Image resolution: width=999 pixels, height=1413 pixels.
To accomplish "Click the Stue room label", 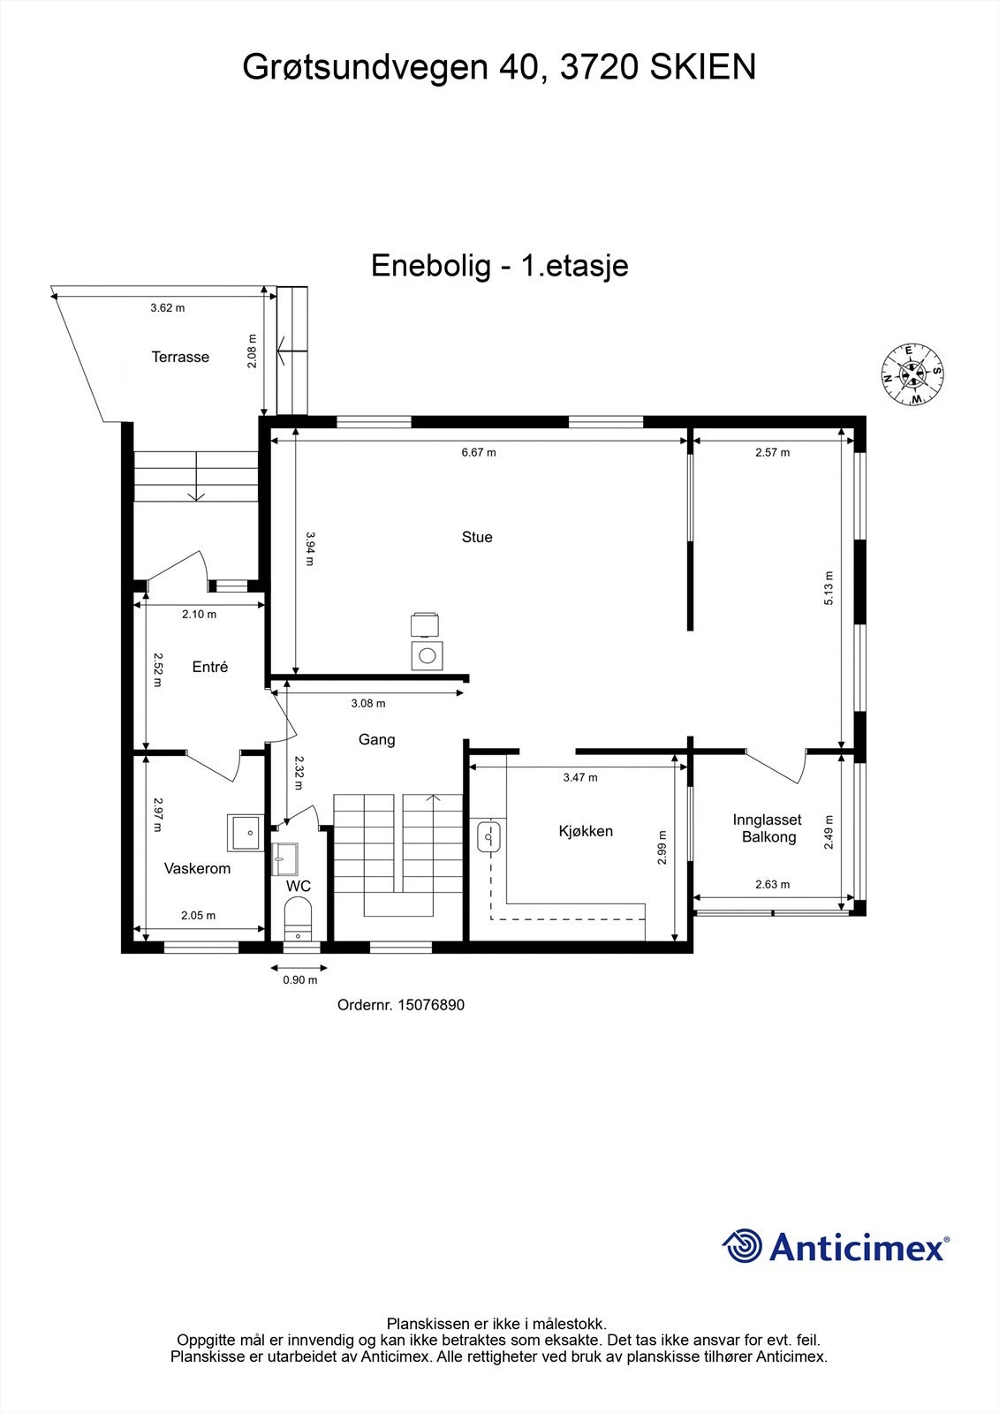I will tap(477, 537).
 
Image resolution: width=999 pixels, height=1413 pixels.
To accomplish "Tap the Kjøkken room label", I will tap(586, 831).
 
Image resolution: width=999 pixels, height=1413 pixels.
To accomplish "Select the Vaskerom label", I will tap(197, 868).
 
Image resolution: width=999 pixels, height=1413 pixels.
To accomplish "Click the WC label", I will tap(298, 886).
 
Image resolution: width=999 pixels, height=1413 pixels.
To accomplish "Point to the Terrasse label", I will tap(180, 357).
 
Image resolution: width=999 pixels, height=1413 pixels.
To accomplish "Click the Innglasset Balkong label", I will tap(768, 828).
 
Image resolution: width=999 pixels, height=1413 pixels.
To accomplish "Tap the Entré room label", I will tap(210, 667).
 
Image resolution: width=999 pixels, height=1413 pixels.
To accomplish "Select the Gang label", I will tap(376, 739).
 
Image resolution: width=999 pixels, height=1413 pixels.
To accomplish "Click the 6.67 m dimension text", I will tap(479, 452).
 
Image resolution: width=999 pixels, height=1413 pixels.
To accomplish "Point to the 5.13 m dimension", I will tap(829, 589).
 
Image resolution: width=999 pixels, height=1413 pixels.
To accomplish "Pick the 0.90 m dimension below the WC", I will tap(299, 979).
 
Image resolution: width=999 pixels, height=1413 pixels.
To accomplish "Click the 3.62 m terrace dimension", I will tap(167, 308).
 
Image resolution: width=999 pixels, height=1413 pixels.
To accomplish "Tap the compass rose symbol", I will tap(912, 374).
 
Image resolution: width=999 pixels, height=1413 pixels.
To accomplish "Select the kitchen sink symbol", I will tap(488, 836).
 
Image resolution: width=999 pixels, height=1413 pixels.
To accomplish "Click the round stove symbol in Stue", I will tap(428, 655).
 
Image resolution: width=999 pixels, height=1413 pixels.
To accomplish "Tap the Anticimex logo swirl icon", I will tap(742, 1246).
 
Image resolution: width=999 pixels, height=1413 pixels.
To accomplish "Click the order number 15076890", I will tap(431, 1004).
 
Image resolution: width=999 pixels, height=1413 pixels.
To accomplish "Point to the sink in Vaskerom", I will tap(245, 832).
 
